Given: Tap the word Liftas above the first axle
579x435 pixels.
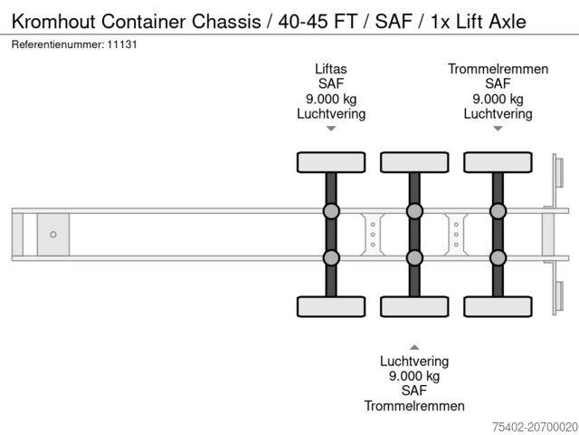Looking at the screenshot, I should [x=331, y=69].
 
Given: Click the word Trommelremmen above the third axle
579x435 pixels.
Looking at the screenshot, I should [x=498, y=69].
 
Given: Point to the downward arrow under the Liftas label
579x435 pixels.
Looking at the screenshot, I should [x=331, y=129].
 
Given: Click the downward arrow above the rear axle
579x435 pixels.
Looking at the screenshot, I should [x=498, y=129].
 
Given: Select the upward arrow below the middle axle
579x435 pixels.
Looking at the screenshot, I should [x=414, y=346].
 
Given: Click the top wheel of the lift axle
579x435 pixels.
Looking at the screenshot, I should [x=331, y=162].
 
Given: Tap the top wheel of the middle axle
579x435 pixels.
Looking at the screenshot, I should [x=414, y=162].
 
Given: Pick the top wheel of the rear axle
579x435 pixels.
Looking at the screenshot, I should [x=498, y=162].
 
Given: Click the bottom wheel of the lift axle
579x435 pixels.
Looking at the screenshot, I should [x=331, y=306].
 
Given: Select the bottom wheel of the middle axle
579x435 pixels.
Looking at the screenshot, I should [x=414, y=306].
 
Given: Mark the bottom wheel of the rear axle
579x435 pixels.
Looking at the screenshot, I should [x=498, y=306].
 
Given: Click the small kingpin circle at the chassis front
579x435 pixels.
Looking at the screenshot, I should [x=52, y=235].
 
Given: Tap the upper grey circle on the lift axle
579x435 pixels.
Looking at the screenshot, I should [x=331, y=212].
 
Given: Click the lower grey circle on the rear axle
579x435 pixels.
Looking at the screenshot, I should [x=498, y=258].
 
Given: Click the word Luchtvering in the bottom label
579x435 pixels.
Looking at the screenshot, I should [x=414, y=361].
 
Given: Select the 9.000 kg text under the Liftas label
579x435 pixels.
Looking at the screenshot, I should [x=331, y=99].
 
